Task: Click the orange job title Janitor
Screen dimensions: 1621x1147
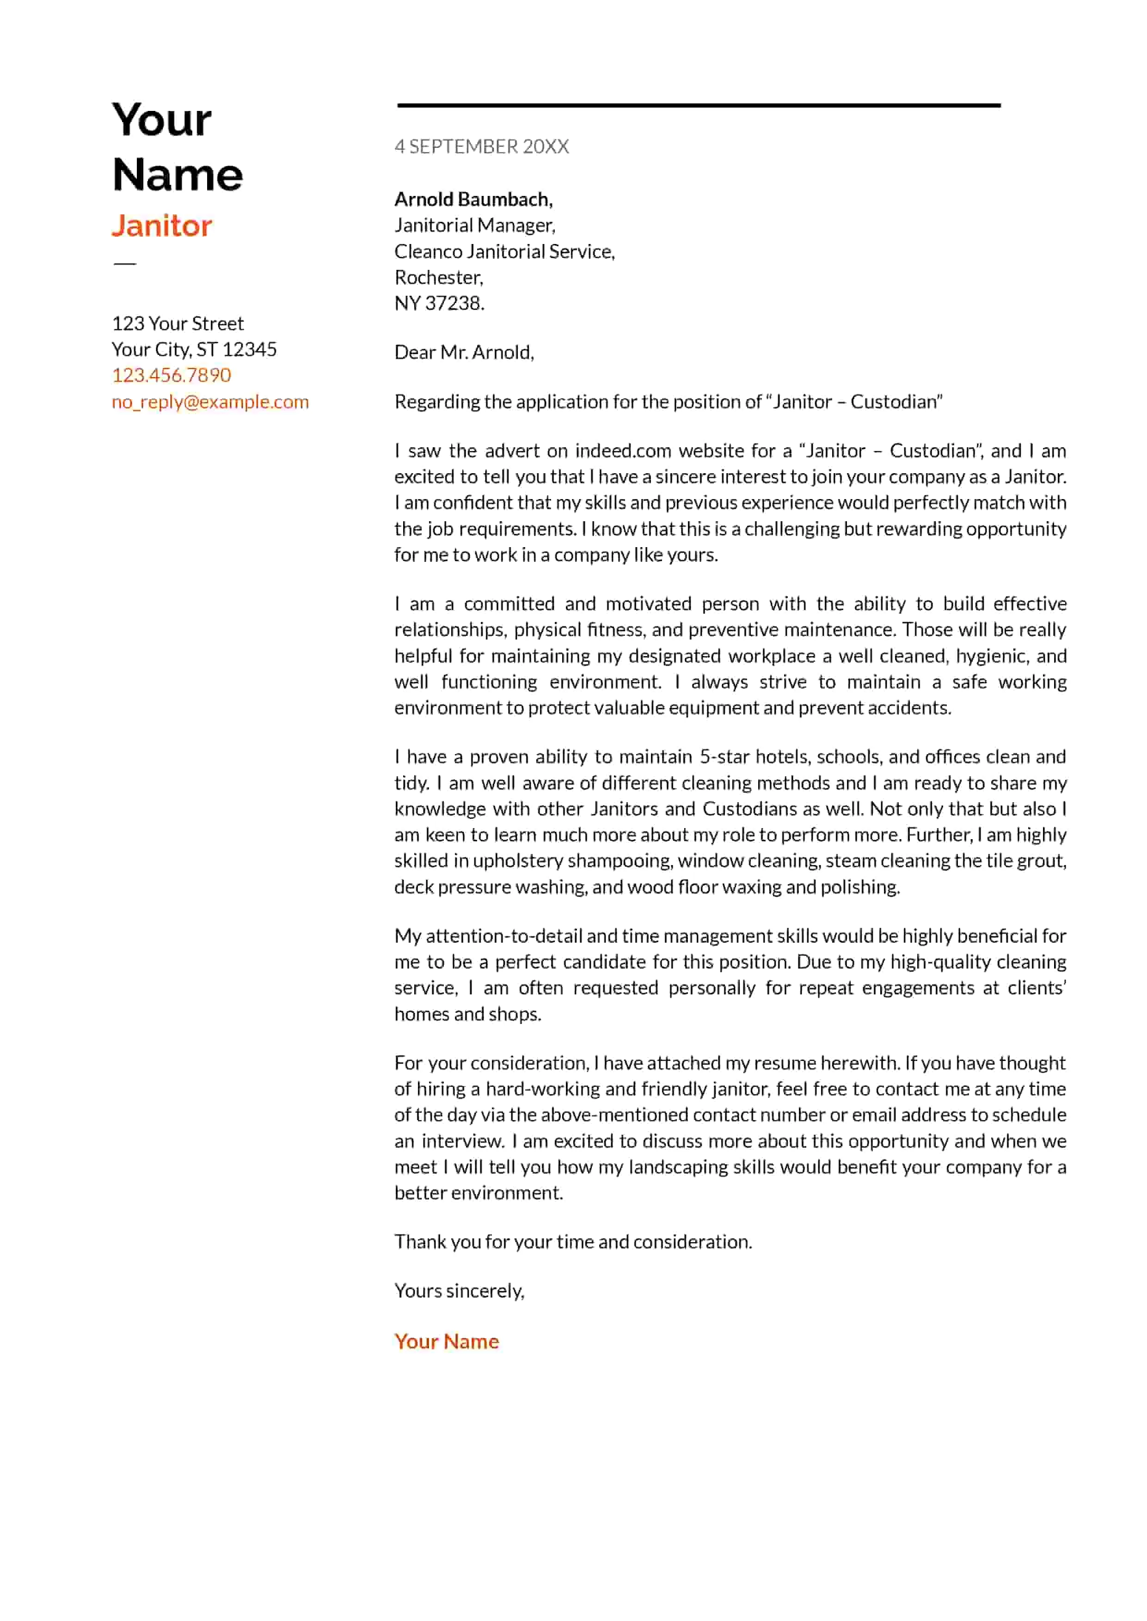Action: [x=162, y=226]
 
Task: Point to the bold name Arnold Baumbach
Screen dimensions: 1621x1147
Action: [x=472, y=199]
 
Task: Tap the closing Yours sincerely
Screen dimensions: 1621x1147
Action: [x=459, y=1291]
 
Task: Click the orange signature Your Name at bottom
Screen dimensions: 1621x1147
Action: [x=447, y=1341]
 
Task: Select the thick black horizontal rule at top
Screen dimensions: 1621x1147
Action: [x=699, y=105]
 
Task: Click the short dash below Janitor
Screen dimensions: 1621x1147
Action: [x=124, y=263]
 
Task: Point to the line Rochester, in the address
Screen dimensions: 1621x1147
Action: [x=438, y=277]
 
